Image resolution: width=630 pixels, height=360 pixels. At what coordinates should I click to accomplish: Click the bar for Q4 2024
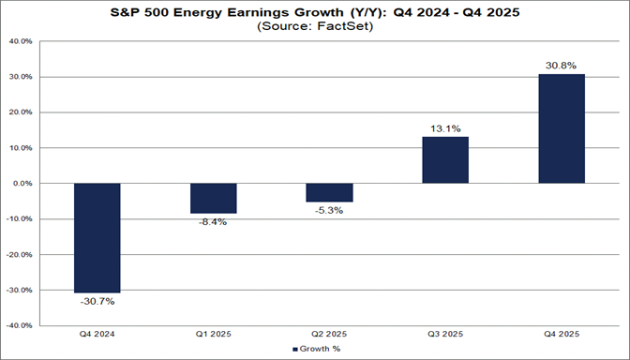click(x=97, y=237)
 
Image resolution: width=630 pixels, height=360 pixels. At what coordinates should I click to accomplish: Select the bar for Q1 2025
click(x=213, y=198)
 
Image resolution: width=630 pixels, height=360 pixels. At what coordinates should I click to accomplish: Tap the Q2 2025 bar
click(x=329, y=192)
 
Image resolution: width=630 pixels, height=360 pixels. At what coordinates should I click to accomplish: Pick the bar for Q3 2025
click(x=445, y=159)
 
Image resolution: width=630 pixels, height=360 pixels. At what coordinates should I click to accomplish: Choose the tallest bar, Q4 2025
click(x=562, y=128)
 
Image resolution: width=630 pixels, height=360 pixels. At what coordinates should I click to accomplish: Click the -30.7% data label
click(x=97, y=301)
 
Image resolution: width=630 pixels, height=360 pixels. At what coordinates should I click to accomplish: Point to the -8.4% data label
click(x=213, y=222)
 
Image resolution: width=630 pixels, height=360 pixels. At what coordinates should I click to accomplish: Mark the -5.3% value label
click(x=329, y=211)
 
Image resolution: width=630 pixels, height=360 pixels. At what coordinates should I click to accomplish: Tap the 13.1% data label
click(x=445, y=128)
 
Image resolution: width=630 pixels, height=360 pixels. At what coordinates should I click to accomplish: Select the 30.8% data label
click(x=562, y=66)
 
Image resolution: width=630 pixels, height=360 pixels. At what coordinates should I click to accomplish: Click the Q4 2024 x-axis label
click(x=97, y=335)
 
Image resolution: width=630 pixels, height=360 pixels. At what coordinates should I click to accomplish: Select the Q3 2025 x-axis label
click(x=445, y=335)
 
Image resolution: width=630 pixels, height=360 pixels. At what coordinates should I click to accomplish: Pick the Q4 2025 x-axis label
click(x=562, y=335)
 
